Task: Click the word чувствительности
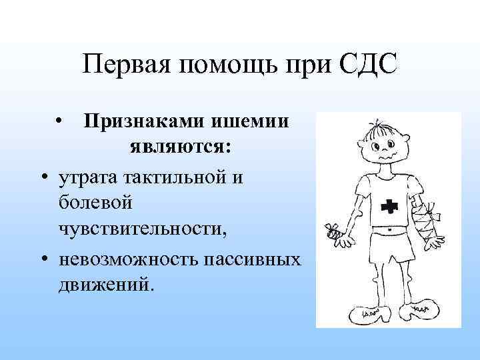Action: tap(142, 227)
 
